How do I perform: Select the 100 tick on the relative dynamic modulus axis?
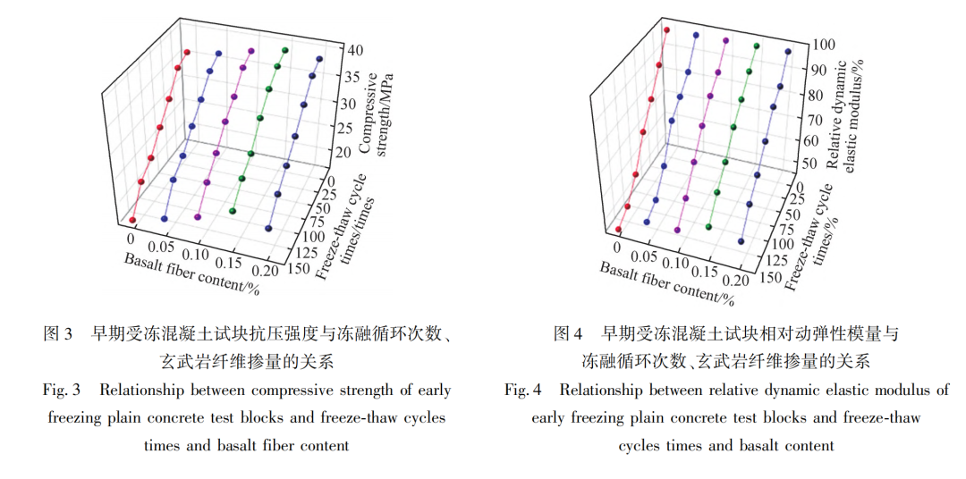(x=824, y=44)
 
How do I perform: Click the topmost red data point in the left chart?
(x=187, y=53)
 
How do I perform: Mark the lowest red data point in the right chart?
(x=618, y=229)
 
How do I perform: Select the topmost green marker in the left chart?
(x=285, y=50)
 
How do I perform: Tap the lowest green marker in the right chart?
(x=709, y=227)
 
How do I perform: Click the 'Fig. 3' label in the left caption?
(x=62, y=391)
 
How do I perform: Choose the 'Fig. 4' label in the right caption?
(x=523, y=391)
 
